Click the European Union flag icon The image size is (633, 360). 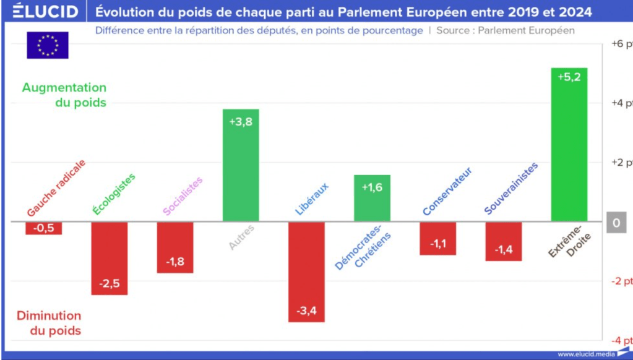tap(48, 45)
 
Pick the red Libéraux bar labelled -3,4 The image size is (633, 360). tap(306, 272)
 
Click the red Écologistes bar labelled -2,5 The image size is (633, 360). tap(110, 258)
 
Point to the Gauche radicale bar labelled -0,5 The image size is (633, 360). tap(44, 228)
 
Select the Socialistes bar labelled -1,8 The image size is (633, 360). tap(175, 247)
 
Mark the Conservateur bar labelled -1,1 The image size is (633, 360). tap(437, 238)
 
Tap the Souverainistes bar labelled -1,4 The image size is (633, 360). tap(503, 241)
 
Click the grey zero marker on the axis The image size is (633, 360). tap(616, 223)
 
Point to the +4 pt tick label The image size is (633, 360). tap(621, 103)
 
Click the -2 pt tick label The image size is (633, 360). tap(621, 281)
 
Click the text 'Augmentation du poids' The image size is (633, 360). tap(64, 95)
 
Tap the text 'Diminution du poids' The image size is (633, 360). tap(49, 323)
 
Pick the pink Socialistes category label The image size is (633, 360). tap(183, 196)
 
